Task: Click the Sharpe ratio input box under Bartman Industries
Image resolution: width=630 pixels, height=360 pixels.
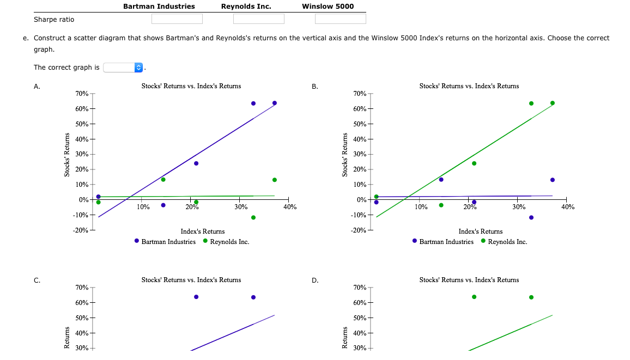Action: [177, 19]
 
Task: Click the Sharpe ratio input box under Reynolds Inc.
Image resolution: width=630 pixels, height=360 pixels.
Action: [258, 19]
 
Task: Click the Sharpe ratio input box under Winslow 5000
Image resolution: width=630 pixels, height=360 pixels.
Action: [340, 19]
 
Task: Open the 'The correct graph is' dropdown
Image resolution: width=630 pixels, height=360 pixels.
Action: [124, 68]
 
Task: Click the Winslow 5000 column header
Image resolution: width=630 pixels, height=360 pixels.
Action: [328, 7]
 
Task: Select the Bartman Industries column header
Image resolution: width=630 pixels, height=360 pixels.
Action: [159, 7]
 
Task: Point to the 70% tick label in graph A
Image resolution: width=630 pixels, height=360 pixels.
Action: [82, 94]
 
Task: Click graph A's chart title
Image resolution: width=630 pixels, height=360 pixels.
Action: [191, 86]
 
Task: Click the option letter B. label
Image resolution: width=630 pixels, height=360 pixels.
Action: [315, 87]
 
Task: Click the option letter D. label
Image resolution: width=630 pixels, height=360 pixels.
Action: [315, 280]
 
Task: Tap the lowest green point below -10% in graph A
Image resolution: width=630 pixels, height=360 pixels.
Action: [253, 217]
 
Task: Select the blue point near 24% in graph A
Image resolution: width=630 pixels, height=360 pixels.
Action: [196, 163]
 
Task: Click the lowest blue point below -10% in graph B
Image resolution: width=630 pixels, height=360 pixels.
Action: [531, 217]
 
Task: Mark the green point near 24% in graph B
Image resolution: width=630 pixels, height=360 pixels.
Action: [474, 163]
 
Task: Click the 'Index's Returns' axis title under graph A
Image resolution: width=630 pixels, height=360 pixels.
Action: [202, 231]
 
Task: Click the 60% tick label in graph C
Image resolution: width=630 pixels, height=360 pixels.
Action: [82, 303]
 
